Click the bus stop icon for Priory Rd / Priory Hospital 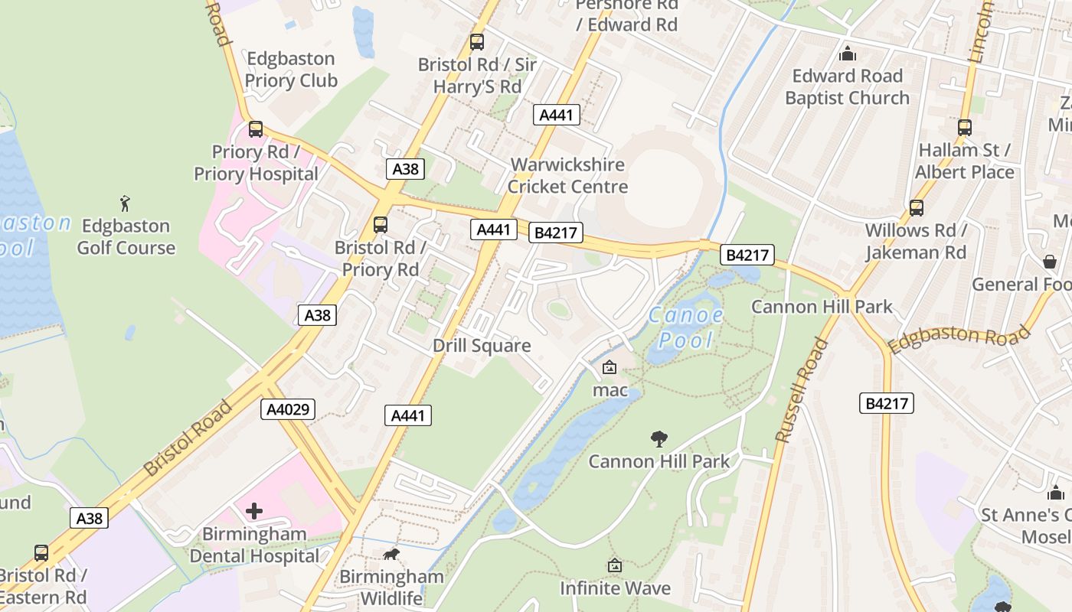[x=256, y=129]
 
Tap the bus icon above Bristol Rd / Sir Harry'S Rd [x=477, y=42]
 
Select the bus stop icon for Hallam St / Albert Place [x=965, y=128]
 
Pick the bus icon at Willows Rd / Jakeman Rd [x=916, y=208]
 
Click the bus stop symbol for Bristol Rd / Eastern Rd [x=41, y=553]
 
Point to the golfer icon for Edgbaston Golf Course [x=126, y=203]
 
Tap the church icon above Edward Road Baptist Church [x=848, y=54]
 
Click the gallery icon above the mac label [x=610, y=368]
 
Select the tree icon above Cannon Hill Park [x=659, y=439]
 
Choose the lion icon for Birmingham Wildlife [x=391, y=555]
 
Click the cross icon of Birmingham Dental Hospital [x=254, y=510]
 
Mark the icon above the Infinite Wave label [x=615, y=566]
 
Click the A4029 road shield [x=288, y=409]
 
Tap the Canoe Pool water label [x=686, y=327]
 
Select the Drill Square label [x=482, y=346]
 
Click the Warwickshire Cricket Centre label [x=567, y=176]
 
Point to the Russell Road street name [x=802, y=390]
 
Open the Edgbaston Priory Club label [x=290, y=70]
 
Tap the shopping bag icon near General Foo [x=1050, y=262]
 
